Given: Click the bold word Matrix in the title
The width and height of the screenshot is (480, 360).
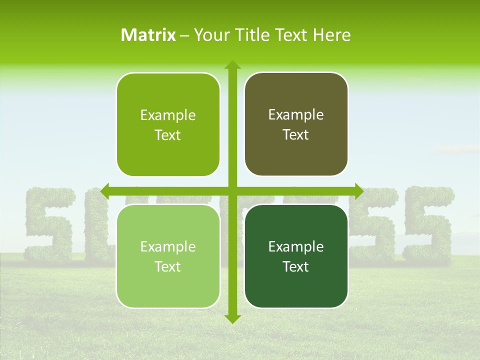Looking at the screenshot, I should pos(148,35).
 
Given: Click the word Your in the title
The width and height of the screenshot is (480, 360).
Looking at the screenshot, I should pos(211,35).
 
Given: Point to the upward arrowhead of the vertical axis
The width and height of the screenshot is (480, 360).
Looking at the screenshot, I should pos(231,65).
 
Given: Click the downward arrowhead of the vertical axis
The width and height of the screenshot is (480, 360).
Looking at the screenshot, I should pos(231,318).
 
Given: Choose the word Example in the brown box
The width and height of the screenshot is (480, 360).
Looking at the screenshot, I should pos(296,115).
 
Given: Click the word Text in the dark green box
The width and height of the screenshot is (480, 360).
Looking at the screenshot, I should pos(296,266).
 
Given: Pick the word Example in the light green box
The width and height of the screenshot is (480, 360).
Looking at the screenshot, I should pos(168,246).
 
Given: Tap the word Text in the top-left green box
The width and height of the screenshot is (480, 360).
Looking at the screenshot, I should pos(168,135).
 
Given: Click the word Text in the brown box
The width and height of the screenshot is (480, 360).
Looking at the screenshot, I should pos(296,135).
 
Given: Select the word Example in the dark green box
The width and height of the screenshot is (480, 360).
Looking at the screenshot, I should pos(296,246).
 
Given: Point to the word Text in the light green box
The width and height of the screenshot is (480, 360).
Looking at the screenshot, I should pos(168,266).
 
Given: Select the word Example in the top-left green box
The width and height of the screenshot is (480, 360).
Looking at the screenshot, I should pos(168,115).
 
